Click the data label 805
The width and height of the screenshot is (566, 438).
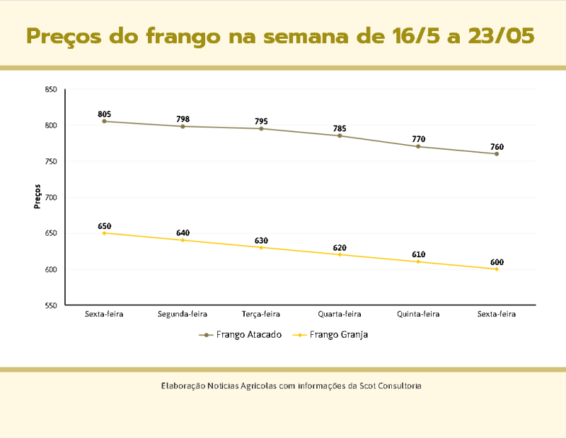[105, 114]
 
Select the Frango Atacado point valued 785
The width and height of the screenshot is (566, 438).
[340, 136]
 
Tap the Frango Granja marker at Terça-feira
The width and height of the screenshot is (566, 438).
[261, 247]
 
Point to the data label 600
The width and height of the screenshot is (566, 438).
[497, 262]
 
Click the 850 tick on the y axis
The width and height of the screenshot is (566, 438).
[51, 90]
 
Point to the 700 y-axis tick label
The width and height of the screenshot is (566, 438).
[51, 198]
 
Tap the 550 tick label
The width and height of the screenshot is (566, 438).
[51, 305]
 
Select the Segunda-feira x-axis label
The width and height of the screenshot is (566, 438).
[183, 314]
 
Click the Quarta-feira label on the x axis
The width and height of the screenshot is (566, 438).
[340, 314]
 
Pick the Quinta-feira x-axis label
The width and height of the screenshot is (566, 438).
[418, 314]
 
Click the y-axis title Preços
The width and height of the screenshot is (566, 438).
[37, 196]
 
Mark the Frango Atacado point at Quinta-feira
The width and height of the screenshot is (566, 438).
[418, 146]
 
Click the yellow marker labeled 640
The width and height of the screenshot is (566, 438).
[183, 240]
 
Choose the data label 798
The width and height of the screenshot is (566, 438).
[183, 119]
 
